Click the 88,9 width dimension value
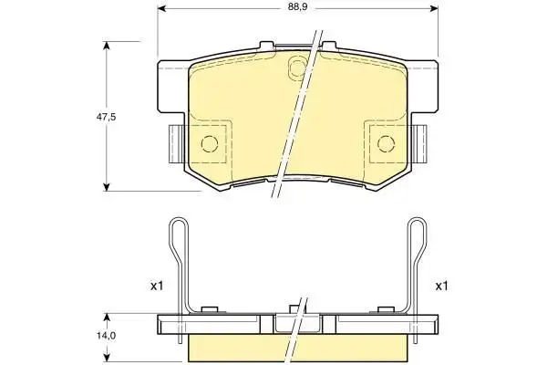coord(297,7)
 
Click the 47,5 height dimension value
coord(106,117)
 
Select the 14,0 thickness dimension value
coord(107,336)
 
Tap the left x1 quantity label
coord(157,287)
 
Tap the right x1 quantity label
coord(441,287)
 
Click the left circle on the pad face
coord(210,143)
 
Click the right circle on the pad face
coord(387,143)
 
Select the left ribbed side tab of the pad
coord(175,144)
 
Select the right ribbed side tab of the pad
coord(420,144)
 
